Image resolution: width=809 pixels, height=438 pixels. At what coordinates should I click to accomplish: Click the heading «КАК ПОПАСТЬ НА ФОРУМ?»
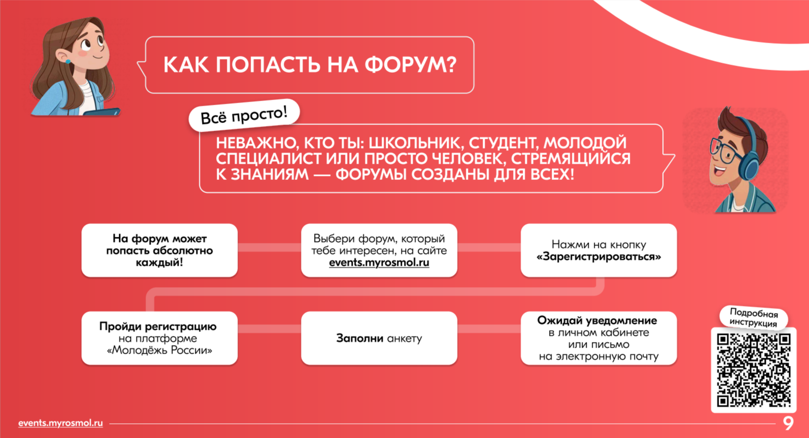pos(310,65)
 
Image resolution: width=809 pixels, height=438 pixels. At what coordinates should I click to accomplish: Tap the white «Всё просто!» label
pos(244,115)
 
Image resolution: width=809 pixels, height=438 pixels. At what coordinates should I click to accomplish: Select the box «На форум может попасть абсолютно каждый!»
pos(160,251)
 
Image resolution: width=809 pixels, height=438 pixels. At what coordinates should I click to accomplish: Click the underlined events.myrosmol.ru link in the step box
pos(379,263)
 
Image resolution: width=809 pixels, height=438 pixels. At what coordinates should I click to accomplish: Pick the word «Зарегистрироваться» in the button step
pos(599,257)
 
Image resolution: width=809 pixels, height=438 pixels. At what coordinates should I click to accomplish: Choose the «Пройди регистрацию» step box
pos(160,338)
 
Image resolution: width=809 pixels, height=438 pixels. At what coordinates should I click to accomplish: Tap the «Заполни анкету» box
pos(379,338)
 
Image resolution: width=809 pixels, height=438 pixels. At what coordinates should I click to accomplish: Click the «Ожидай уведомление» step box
pos(599,338)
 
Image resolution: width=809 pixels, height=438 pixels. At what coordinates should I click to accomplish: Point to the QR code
pos(754,370)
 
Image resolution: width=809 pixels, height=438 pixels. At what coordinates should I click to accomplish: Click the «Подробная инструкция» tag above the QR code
pos(753,318)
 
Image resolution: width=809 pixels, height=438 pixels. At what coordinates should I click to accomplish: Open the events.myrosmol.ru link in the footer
pos(61,423)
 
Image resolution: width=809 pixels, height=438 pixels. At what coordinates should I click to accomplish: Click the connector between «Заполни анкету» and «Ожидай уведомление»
pos(489,328)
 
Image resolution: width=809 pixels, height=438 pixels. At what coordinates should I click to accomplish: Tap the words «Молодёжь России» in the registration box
pos(160,350)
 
